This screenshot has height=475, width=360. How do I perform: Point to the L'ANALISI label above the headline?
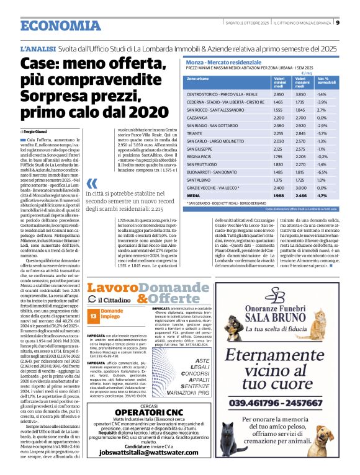(x=38, y=48)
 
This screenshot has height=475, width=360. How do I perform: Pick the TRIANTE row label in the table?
(x=196, y=133)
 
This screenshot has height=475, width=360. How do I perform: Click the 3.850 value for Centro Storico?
(x=300, y=93)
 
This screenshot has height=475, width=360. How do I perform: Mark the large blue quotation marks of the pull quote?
(x=92, y=184)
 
